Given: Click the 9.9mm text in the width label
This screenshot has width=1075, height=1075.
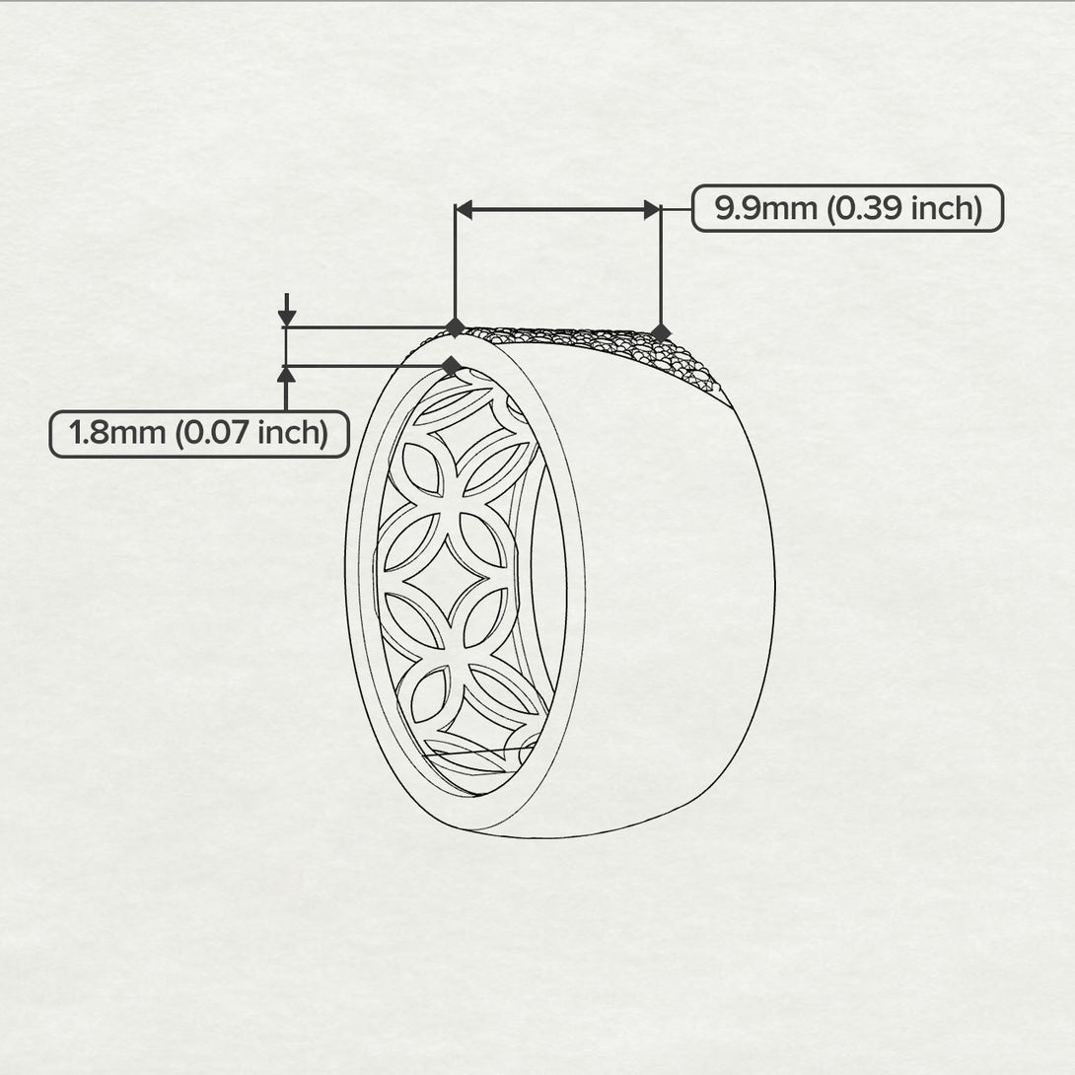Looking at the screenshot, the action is [765, 208].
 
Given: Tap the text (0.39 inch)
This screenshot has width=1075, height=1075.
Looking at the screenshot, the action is [905, 208].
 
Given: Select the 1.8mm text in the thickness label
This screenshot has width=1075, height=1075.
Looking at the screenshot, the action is [117, 433].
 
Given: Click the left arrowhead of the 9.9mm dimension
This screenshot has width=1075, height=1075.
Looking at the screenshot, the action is [465, 210].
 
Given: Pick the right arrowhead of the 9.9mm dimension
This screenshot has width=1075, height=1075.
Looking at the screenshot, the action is [652, 210].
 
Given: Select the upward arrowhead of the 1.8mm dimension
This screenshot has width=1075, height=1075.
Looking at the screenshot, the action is [287, 375].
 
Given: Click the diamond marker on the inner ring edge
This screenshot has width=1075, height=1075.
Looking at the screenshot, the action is [452, 366].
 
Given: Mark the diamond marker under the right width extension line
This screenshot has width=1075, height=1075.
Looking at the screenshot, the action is [660, 333].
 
